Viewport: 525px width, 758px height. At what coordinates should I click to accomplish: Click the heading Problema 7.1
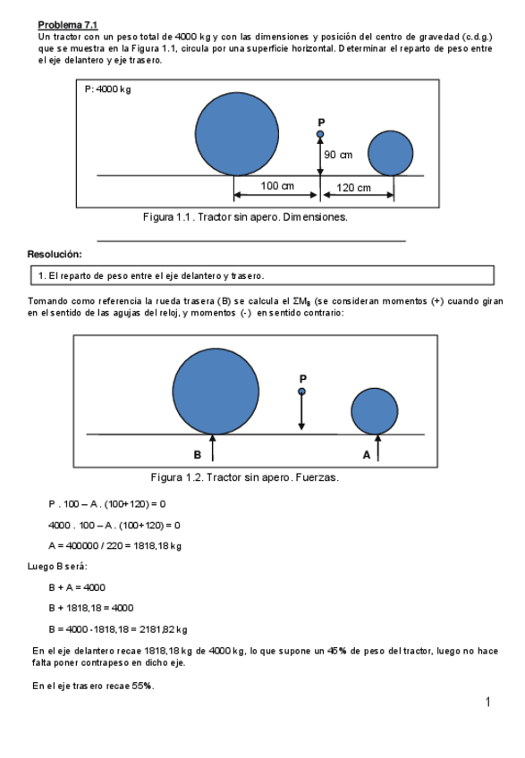pos(67,24)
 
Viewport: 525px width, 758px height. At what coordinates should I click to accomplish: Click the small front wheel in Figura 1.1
pos(390,153)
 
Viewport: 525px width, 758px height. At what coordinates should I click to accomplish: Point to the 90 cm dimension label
pos(338,155)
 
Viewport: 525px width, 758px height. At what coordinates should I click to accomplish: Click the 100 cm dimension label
pos(276,186)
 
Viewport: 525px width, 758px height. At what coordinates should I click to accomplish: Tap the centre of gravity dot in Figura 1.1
pos(320,135)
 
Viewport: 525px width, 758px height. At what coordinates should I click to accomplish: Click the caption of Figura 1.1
pos(246,217)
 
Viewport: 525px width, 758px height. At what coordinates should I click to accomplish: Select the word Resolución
pos(55,254)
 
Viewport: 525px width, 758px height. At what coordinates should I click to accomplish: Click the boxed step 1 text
pos(150,275)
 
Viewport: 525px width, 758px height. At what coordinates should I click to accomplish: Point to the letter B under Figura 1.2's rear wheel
pos(198,454)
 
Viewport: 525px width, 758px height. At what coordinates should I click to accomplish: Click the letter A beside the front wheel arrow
pos(366,454)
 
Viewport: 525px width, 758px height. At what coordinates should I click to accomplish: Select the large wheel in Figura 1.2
pos(216,391)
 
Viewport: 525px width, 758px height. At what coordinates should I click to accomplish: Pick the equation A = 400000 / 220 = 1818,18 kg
pos(114,546)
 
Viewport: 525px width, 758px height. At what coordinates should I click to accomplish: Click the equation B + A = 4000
pos(78,586)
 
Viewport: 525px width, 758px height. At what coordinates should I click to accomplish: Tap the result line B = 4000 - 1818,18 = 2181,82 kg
pos(117,628)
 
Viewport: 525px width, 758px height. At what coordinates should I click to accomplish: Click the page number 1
pos(488,703)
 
